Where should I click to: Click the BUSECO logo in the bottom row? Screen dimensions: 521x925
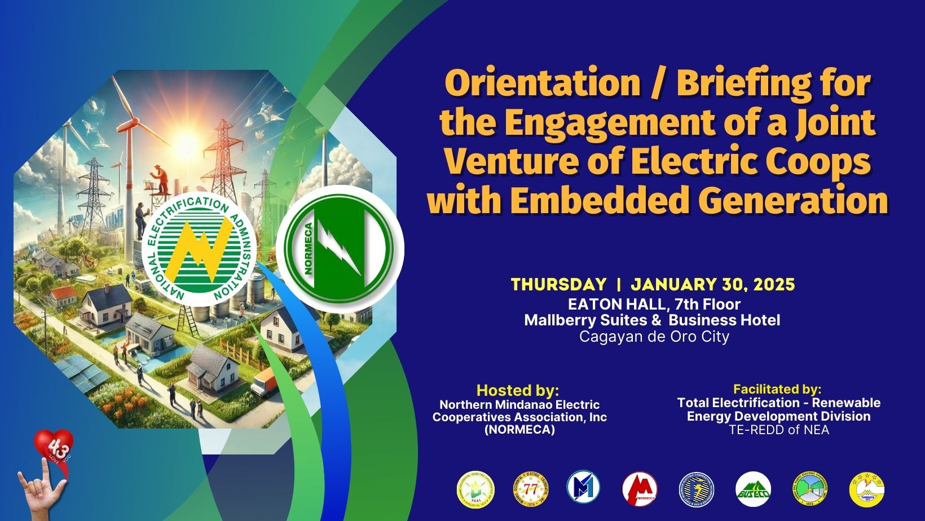[x=753, y=489]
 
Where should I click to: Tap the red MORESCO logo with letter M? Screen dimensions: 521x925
[x=640, y=489]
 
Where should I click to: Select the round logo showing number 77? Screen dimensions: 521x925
[x=530, y=489]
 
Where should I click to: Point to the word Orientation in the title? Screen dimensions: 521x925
[x=542, y=84]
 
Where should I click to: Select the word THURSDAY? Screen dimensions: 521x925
[x=558, y=285]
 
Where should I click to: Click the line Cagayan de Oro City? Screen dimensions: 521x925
[x=654, y=337]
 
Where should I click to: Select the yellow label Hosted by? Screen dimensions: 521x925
[x=517, y=390]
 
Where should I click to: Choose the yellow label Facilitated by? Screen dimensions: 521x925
[x=777, y=389]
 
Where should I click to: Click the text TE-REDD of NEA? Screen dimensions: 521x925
[x=778, y=430]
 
